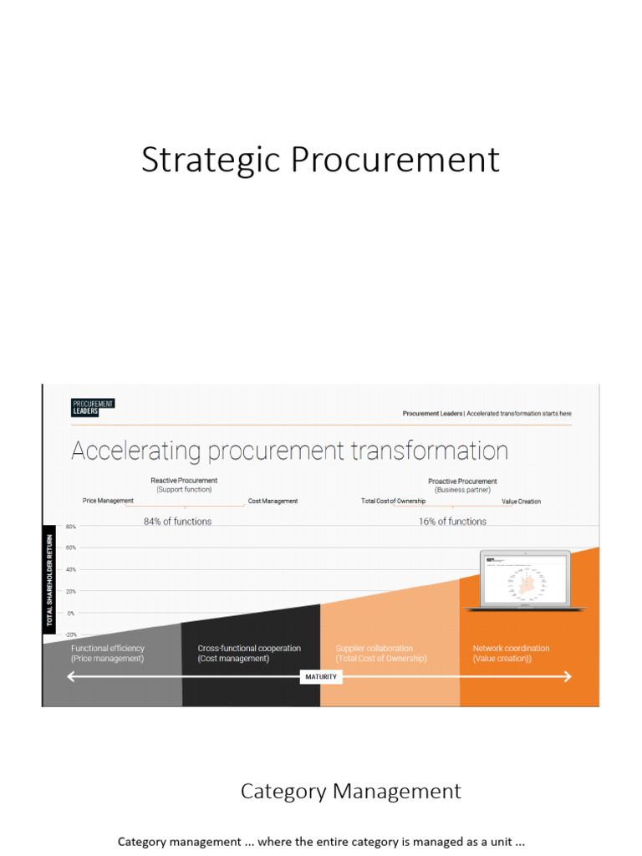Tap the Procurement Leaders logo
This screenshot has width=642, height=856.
[92, 407]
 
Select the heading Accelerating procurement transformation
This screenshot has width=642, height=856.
[289, 451]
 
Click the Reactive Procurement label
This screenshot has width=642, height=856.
[184, 481]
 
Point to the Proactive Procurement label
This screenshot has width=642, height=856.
[462, 481]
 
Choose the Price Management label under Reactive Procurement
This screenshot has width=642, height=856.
[108, 501]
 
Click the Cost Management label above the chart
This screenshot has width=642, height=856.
[273, 502]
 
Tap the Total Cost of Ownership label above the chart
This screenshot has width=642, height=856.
[393, 502]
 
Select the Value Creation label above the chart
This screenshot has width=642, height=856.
[521, 502]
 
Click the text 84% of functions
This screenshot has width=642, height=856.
[177, 522]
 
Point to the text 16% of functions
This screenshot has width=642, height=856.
[452, 522]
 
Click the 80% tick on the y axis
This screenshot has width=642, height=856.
[70, 527]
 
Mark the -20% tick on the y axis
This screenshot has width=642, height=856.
[70, 634]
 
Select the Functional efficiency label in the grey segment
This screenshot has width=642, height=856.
[108, 649]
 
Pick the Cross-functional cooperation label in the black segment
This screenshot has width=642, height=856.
[249, 649]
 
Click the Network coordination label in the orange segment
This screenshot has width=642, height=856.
[511, 649]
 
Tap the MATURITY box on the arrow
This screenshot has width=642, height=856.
[320, 676]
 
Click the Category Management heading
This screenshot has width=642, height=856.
[350, 791]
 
